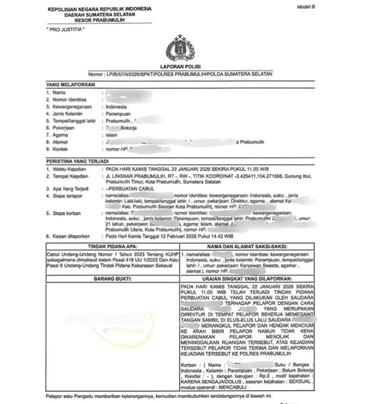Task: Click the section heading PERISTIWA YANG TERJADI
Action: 74,161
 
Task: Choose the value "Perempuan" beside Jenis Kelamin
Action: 117,114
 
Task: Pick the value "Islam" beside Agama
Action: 111,135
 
